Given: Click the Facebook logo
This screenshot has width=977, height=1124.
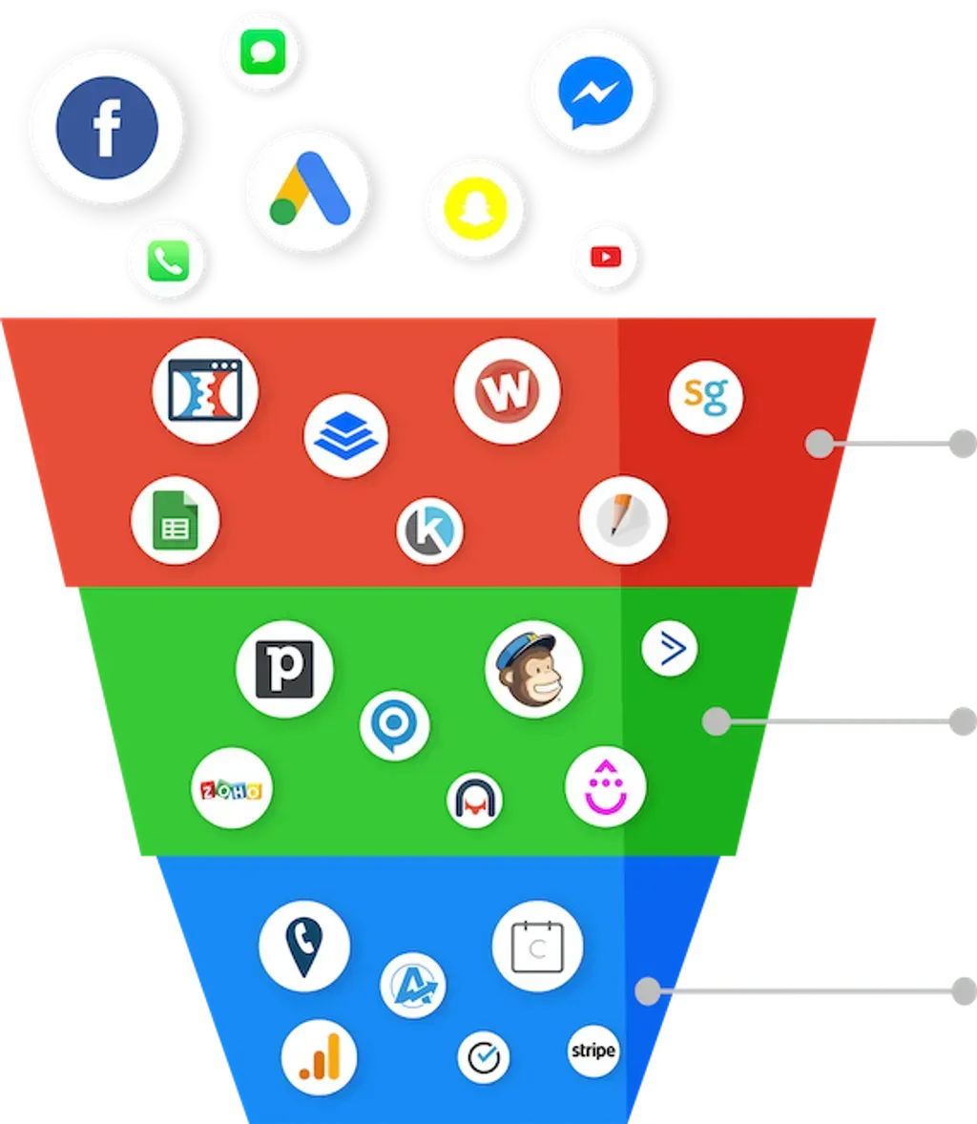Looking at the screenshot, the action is coord(107,128).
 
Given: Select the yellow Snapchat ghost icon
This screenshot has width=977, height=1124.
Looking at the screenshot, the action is coord(475,209).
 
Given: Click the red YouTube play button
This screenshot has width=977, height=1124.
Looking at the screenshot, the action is coord(606,257).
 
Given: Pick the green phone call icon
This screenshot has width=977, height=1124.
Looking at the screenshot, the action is coord(169,260).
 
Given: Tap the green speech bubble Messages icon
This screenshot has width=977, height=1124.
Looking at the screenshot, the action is coord(263,52).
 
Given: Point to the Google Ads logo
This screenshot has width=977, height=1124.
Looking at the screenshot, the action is coord(310,189).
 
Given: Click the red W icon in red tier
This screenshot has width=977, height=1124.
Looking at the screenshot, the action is coord(507,390).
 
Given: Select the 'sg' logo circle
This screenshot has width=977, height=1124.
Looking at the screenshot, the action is coord(706,396).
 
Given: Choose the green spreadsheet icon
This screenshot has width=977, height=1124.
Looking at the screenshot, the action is coord(176,520).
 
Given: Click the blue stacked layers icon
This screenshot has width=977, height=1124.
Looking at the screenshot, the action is coord(345,435).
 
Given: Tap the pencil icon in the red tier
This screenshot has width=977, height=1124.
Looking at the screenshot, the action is coord(623,520).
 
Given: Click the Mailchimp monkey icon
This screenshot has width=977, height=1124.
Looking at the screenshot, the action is coord(534,669).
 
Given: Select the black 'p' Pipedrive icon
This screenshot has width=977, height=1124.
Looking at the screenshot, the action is coord(284,669).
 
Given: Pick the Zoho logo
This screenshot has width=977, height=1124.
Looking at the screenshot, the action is coord(232,788).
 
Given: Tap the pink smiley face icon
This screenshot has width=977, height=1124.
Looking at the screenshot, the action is coord(606,787).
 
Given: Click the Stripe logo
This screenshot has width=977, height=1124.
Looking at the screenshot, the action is coord(592,1051).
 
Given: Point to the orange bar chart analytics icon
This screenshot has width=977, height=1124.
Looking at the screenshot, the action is coord(319,1057).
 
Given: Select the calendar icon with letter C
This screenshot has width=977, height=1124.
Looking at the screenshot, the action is coord(537,947).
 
